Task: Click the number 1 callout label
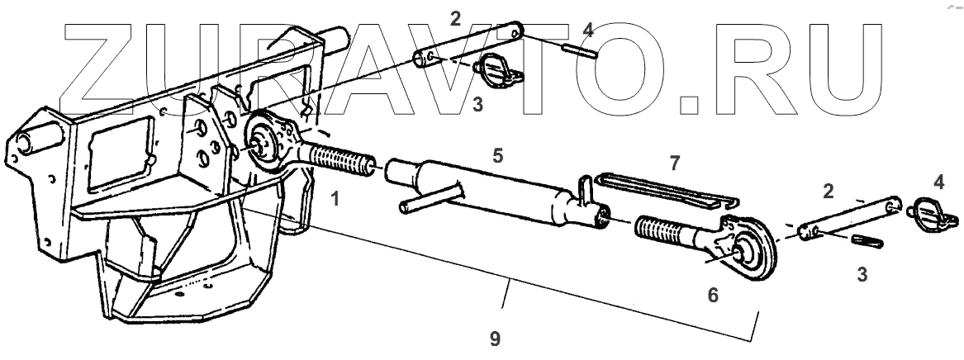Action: pos(335,199)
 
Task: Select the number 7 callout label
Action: pos(675,163)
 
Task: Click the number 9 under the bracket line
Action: pos(495,339)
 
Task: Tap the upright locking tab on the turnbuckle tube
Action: pos(584,189)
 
